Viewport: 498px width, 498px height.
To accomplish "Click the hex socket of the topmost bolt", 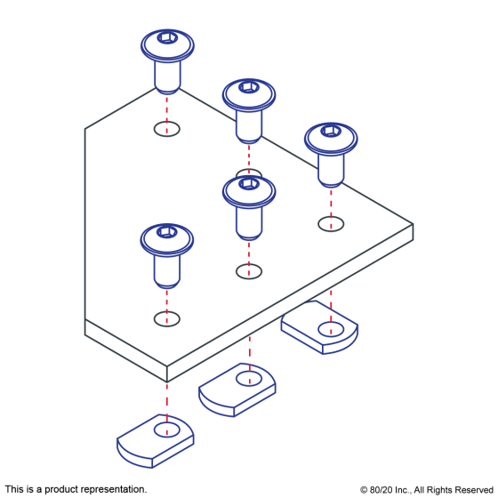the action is pos(167,37).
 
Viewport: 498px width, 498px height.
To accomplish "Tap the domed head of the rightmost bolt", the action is pos(331,139).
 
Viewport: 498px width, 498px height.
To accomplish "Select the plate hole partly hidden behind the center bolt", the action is pos(249,173).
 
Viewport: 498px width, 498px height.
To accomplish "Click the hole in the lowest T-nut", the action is pos(167,430).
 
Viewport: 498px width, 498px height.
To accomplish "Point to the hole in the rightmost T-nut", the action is pos(331,329).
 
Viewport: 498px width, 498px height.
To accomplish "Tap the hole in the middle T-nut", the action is pos(249,379).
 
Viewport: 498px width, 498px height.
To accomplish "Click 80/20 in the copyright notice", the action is pos(381,490).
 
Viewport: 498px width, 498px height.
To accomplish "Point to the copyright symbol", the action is pos(364,490).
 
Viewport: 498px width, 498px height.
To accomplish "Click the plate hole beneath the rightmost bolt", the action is pos(331,224).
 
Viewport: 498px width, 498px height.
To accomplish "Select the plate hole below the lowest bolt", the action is pos(167,319).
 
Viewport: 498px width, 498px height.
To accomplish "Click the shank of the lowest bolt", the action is pos(167,271).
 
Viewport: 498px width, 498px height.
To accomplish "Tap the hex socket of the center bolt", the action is pos(249,183).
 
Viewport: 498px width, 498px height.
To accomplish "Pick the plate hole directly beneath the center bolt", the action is pos(249,271).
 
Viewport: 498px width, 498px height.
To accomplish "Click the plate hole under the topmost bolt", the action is pos(167,129).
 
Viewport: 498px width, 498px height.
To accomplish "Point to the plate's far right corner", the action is pos(413,224).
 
